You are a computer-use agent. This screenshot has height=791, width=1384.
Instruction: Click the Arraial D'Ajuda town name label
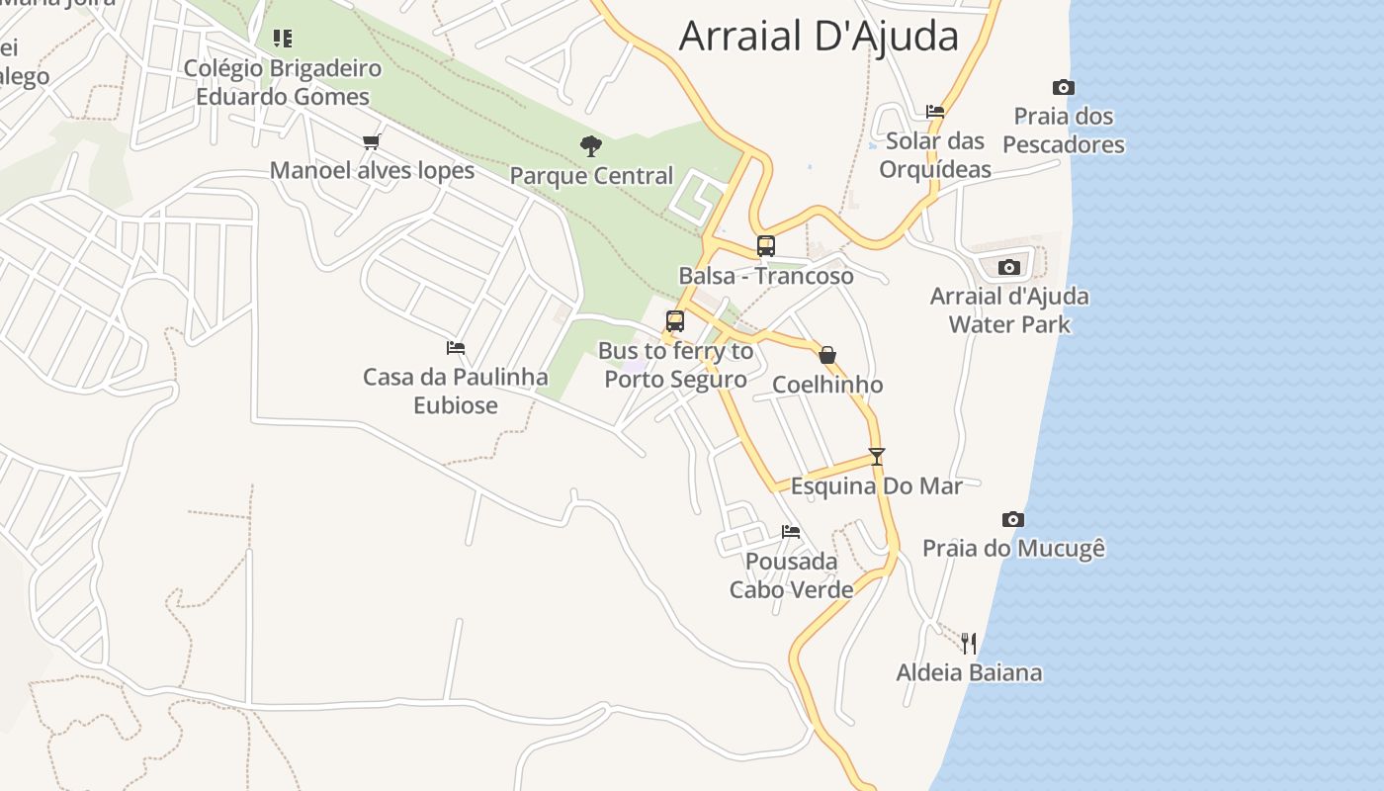click(x=819, y=37)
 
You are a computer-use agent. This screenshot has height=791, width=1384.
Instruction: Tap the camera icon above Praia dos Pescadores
click(x=1064, y=88)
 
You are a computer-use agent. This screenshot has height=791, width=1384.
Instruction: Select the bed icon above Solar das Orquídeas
click(x=935, y=112)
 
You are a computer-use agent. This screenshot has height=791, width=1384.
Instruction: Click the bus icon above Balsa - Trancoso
click(x=765, y=246)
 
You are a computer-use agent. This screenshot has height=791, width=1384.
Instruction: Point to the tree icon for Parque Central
click(x=591, y=146)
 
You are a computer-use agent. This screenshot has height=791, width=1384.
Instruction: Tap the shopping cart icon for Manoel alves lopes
click(x=372, y=141)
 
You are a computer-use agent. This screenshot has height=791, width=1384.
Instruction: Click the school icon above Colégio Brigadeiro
click(x=283, y=39)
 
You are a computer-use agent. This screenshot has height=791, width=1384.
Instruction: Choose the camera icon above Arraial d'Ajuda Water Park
click(x=1009, y=267)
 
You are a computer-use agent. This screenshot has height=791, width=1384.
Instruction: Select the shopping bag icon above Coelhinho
click(x=827, y=355)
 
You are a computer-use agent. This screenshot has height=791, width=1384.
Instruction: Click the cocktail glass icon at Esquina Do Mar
click(x=876, y=456)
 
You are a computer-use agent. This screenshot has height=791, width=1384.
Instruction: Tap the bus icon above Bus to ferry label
click(x=675, y=321)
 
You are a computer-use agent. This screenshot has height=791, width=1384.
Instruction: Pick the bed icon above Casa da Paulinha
click(x=456, y=348)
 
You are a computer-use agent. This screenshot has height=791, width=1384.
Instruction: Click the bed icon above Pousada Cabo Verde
click(x=791, y=532)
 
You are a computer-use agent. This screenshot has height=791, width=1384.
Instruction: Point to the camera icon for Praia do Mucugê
click(x=1013, y=519)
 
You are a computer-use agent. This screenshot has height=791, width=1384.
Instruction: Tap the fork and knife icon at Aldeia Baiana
click(x=969, y=644)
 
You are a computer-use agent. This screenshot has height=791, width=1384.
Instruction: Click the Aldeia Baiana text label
click(x=969, y=673)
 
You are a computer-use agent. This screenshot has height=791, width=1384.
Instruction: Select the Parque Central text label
click(x=591, y=176)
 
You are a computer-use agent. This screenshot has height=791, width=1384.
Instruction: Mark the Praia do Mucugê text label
click(x=1013, y=548)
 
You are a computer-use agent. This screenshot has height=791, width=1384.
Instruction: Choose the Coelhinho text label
click(x=827, y=385)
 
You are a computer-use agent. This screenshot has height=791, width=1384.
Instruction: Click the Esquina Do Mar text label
click(x=876, y=485)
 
